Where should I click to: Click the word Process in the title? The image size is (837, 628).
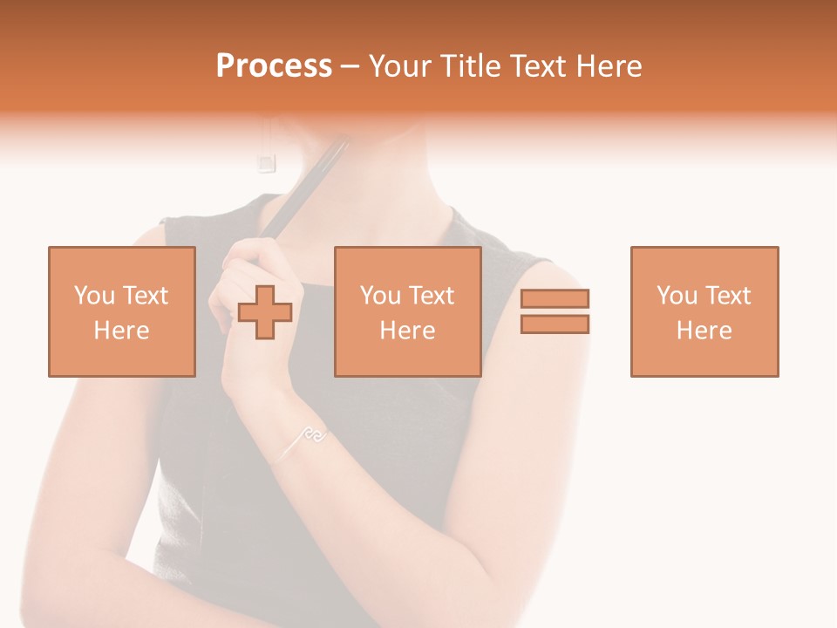point(274,66)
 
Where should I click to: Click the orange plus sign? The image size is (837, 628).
point(265,312)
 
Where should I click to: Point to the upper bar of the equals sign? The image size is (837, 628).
point(555,298)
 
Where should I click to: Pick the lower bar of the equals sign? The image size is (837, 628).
point(555,324)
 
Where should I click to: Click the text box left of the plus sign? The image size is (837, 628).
point(122,311)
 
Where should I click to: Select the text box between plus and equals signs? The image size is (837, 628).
point(407,311)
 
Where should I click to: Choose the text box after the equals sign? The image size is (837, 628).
point(704,311)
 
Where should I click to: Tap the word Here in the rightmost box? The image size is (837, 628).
point(704,330)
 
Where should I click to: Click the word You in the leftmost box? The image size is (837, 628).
point(92,296)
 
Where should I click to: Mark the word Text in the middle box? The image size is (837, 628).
point(431,296)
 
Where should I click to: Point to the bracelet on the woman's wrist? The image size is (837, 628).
point(304,439)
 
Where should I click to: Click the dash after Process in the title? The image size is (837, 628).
point(350,66)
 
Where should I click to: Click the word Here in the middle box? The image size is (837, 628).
point(407,330)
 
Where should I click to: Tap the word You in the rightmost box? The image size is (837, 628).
point(676,296)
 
